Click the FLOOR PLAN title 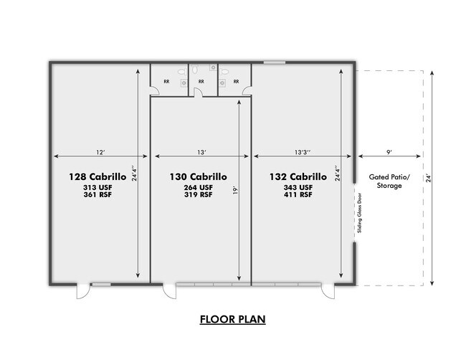(x=232, y=319)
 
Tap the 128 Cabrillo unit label (x=98, y=176)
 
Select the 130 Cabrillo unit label (x=198, y=176)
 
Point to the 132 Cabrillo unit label (x=298, y=176)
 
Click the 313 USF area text (x=98, y=188)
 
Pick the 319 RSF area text (x=198, y=195)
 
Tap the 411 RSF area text (x=298, y=195)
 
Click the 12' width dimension (x=101, y=152)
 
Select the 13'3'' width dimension (x=303, y=152)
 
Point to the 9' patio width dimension (x=389, y=152)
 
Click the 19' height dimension (x=235, y=190)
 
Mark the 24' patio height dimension (x=428, y=179)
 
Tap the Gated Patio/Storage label (x=389, y=181)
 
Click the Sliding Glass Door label (x=360, y=213)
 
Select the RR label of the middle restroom (x=201, y=82)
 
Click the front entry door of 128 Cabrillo (x=83, y=291)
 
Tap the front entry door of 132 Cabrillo (x=328, y=291)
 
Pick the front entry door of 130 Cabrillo (x=169, y=291)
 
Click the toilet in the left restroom (x=182, y=72)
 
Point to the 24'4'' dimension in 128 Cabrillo (x=134, y=174)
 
